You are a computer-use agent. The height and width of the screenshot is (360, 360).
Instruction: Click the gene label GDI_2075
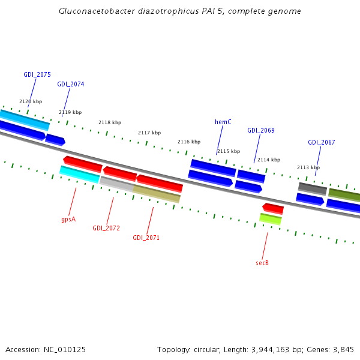[x=37, y=75]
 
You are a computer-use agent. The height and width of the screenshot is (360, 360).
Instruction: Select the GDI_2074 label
[x=71, y=85]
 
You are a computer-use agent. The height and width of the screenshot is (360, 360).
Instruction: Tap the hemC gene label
[x=223, y=122]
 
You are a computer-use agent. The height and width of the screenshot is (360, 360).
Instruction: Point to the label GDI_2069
[x=261, y=131]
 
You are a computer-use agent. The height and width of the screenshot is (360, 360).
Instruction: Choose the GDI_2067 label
[x=322, y=143]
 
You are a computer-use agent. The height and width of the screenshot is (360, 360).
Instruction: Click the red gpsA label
[x=68, y=220]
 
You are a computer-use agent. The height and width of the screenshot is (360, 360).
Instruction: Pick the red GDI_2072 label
[x=106, y=229]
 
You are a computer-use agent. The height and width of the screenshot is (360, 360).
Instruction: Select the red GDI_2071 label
[x=146, y=238]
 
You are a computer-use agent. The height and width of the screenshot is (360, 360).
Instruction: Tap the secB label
[x=262, y=263]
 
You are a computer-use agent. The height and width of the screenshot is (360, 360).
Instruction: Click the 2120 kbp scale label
[x=31, y=102]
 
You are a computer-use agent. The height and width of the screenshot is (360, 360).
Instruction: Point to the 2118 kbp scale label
[x=110, y=123]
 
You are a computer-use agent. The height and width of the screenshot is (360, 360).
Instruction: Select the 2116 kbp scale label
[x=189, y=142]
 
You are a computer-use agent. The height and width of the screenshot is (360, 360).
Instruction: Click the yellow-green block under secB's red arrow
[x=271, y=219]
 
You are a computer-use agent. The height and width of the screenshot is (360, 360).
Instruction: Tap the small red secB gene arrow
[x=273, y=208]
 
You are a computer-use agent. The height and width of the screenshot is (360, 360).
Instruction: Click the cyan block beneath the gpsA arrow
[x=80, y=174]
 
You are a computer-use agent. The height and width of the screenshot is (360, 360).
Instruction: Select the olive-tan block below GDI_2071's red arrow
[x=157, y=194]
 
